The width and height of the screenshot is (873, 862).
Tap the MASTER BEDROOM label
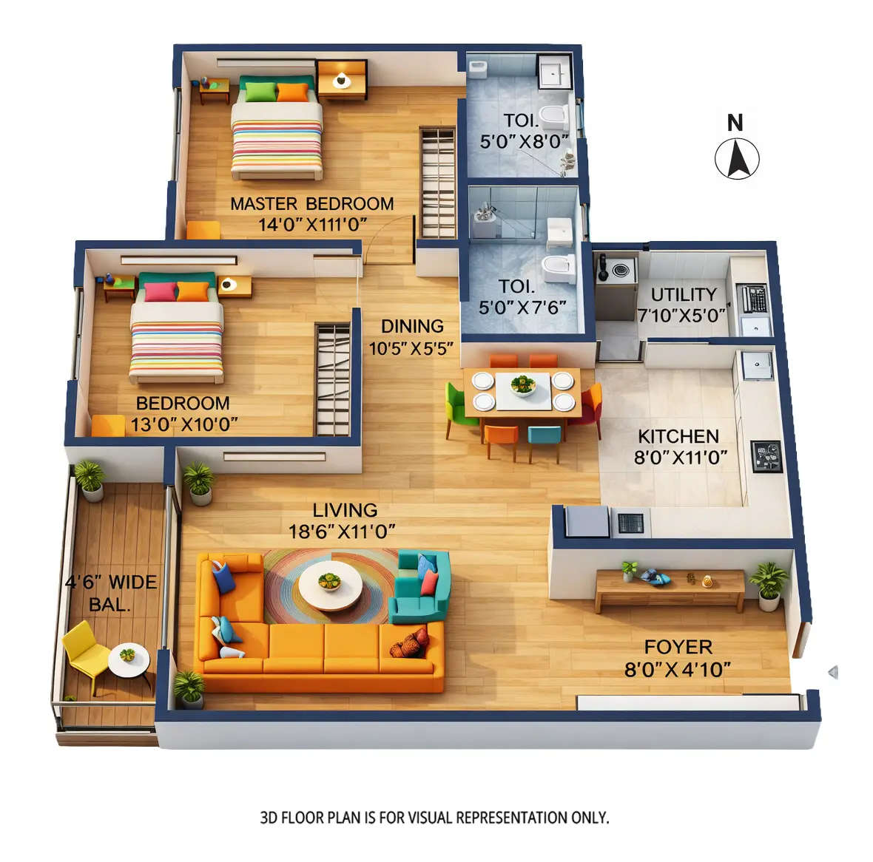(x=311, y=203)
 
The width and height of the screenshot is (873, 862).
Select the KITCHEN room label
(x=678, y=436)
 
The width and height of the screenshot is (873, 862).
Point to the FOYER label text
(x=678, y=647)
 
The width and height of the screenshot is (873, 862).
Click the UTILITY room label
(x=683, y=294)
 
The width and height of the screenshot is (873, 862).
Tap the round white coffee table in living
(x=330, y=585)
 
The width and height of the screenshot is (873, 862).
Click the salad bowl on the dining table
(x=523, y=384)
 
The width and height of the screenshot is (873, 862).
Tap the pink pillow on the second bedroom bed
(x=161, y=291)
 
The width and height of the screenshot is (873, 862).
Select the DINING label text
(x=412, y=326)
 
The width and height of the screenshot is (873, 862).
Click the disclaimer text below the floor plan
(x=434, y=818)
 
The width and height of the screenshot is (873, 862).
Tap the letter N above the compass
(x=735, y=123)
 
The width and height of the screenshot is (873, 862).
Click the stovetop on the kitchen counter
(x=766, y=456)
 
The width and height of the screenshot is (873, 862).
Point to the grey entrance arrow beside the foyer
(x=833, y=672)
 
